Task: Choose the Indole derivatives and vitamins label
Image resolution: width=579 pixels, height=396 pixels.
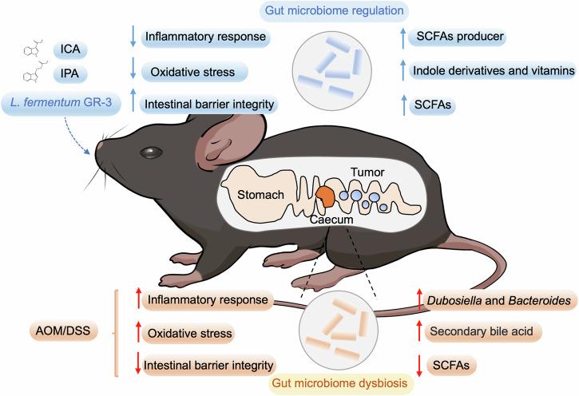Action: [x=494, y=71]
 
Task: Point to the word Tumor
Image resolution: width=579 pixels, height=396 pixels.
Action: [x=367, y=172]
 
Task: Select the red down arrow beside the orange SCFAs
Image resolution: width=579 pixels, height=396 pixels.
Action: [x=418, y=365]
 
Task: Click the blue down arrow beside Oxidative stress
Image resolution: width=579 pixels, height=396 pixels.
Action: [x=132, y=71]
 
